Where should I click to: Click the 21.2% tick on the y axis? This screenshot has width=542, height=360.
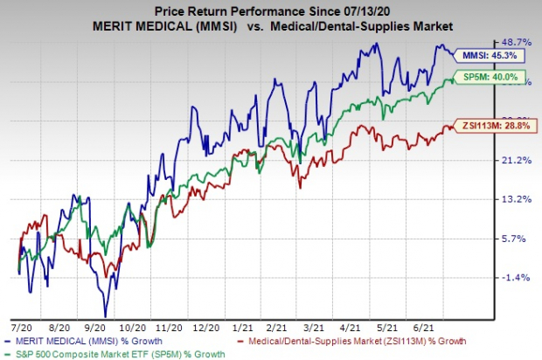coord(515,160)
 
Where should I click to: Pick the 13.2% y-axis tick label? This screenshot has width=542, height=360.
coord(515,199)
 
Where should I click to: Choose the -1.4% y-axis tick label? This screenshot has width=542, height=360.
coord(515,277)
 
